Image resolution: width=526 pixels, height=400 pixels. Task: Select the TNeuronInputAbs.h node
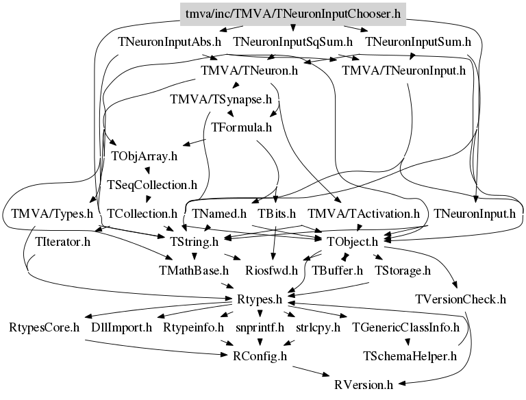point(169,42)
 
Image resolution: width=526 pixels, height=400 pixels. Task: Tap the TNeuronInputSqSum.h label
point(292,42)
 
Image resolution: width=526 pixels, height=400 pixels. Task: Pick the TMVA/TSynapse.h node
point(222,99)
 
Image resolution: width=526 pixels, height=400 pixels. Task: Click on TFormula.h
point(242,127)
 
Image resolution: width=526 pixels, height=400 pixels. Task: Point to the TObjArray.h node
point(144,155)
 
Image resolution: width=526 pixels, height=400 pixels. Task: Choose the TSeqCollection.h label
point(152,185)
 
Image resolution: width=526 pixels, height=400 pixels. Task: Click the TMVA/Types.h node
point(52,214)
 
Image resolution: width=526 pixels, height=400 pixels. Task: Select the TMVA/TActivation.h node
point(364,214)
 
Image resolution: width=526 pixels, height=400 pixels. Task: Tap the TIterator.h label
point(63,242)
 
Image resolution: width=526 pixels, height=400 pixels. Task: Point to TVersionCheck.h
point(460,299)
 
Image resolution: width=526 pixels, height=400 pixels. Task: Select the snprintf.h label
point(260,327)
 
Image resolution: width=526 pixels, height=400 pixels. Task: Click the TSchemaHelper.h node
point(410,356)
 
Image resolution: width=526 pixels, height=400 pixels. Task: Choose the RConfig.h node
point(260,356)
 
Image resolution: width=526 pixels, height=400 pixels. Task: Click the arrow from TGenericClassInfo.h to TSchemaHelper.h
point(408,342)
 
